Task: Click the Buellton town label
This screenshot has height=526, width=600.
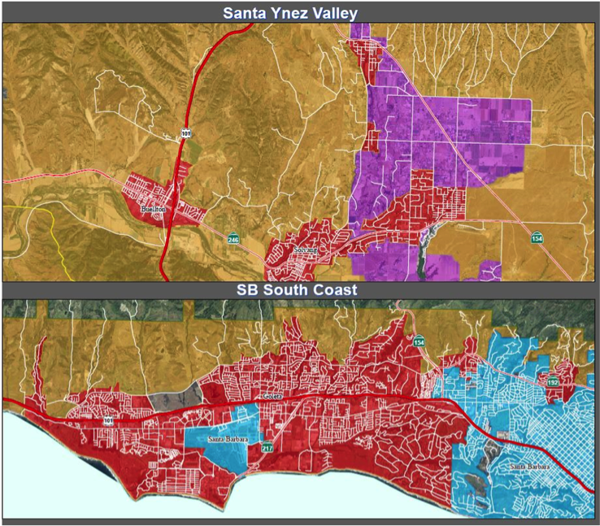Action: tap(153, 209)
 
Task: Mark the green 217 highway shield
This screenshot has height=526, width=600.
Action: tap(267, 448)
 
